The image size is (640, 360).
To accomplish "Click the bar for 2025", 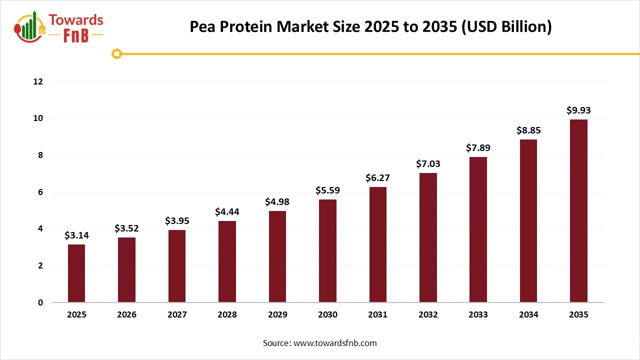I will [76, 273].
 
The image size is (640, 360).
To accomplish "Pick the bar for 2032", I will [428, 237].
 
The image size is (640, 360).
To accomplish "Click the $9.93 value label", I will [578, 110].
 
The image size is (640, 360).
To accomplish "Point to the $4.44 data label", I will [227, 212].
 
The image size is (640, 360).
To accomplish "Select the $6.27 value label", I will [377, 177].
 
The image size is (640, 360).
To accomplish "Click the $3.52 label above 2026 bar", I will [126, 228].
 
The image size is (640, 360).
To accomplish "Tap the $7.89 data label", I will [478, 148].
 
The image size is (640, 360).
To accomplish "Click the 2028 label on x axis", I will [227, 315].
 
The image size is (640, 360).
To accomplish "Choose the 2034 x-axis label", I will [528, 315].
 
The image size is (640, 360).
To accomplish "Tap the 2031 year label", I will [377, 315].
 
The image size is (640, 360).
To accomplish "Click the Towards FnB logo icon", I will [30, 27].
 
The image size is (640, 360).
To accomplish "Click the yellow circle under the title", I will [117, 53].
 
